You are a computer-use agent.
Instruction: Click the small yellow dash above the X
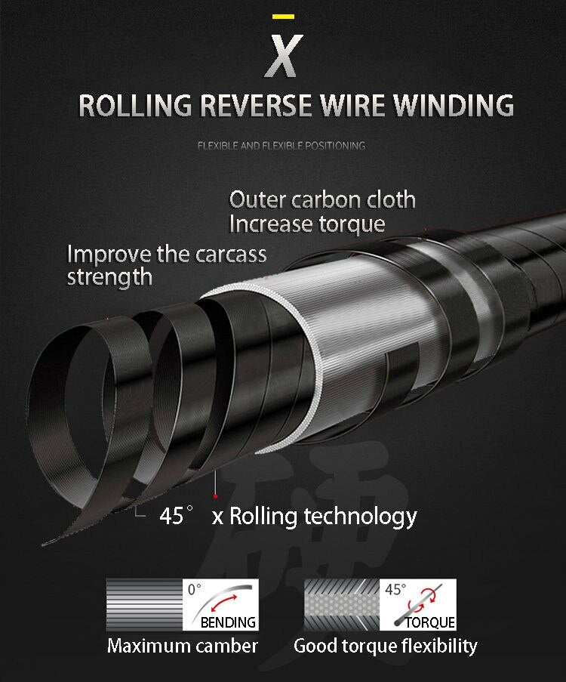point(283,16)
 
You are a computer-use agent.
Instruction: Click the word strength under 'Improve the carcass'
point(109,277)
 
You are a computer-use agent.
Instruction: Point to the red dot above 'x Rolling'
point(216,495)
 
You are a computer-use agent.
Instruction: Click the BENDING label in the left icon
point(228,623)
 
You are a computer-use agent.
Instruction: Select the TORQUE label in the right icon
point(430,623)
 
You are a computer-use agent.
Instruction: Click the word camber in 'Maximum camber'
point(224,647)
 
